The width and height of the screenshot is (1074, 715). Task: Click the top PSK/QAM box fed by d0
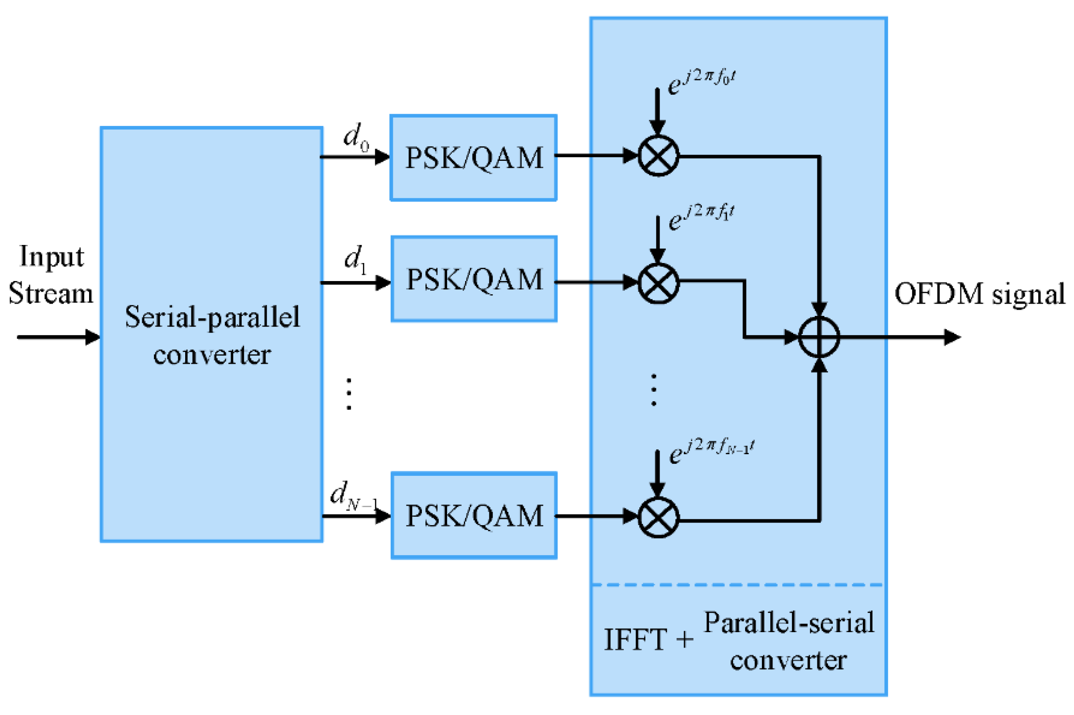(473, 157)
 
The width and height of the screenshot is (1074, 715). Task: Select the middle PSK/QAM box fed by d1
(474, 278)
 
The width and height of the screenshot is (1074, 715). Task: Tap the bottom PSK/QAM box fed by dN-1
(474, 515)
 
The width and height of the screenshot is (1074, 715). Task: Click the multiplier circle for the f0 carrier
(658, 156)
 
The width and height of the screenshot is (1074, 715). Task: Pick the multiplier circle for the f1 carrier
(658, 283)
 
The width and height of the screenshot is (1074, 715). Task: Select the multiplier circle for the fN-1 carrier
(658, 518)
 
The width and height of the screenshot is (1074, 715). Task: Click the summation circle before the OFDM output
(819, 337)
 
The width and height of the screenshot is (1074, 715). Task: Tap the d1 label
(355, 259)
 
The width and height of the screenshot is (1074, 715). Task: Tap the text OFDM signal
(979, 294)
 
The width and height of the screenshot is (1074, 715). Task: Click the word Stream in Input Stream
(51, 293)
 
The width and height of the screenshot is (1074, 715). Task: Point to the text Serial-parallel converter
(212, 335)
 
